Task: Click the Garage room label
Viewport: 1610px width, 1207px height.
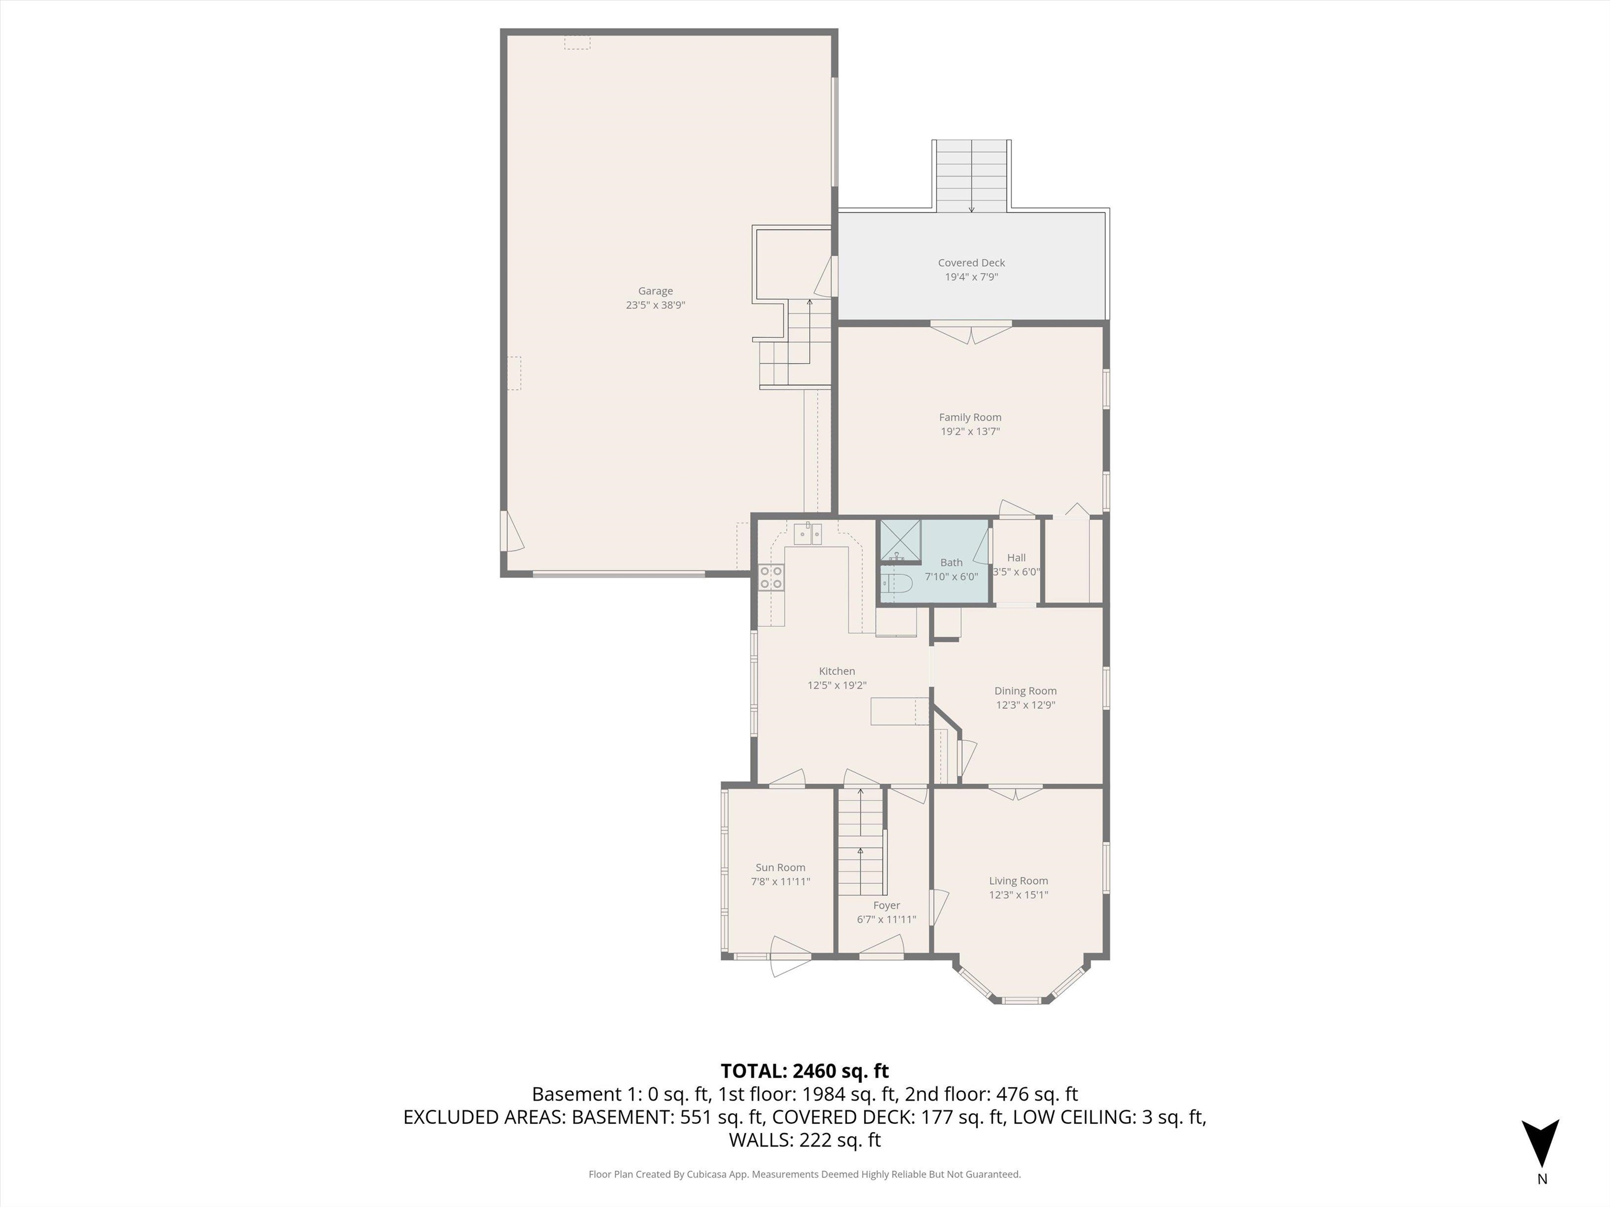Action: pyautogui.click(x=655, y=291)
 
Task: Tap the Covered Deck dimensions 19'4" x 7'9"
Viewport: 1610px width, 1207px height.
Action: pyautogui.click(x=971, y=277)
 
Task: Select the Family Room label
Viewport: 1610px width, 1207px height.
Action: pyautogui.click(x=970, y=417)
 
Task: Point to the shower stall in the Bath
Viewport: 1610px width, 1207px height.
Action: pyautogui.click(x=900, y=539)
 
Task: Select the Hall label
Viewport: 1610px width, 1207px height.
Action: pyautogui.click(x=1016, y=557)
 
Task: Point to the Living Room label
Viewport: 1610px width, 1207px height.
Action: pyautogui.click(x=1018, y=880)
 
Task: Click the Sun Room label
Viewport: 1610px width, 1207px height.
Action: pyautogui.click(x=780, y=867)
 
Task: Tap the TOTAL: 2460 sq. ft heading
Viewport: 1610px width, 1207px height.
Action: pyautogui.click(x=804, y=1071)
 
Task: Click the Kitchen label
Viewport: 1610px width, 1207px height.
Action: pyautogui.click(x=836, y=671)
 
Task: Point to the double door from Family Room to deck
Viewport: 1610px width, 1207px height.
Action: pyautogui.click(x=971, y=332)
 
